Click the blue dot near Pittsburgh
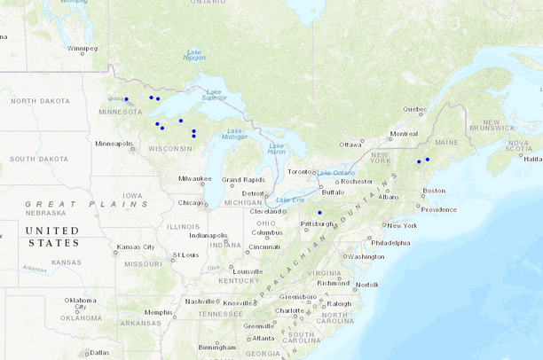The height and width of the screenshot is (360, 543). coord(319,213)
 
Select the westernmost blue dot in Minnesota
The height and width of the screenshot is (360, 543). coord(127,98)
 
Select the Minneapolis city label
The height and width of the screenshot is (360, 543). coord(114,143)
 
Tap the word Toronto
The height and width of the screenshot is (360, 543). coord(301,171)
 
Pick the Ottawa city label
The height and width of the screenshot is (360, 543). coord(350,144)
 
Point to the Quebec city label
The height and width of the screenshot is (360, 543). coord(415,109)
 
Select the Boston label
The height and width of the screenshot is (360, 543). coord(434,191)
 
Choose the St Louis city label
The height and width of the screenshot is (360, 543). coord(186,254)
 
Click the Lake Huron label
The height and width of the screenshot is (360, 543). coord(277,148)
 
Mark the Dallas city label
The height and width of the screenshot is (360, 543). coord(99,352)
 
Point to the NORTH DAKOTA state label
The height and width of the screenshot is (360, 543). coord(39,101)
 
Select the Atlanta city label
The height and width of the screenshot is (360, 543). coord(263,338)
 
